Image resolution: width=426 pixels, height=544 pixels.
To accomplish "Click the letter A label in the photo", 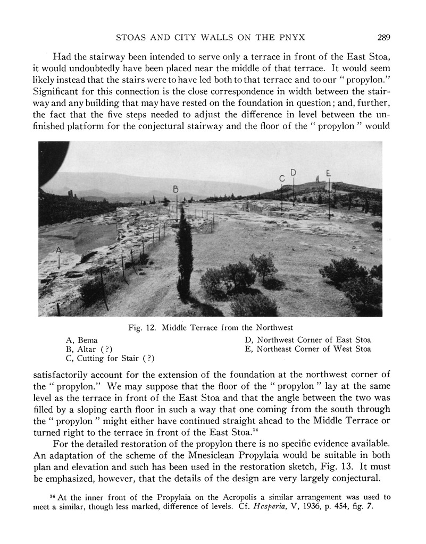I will pos(59,250).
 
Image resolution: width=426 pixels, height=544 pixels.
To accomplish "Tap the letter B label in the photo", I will pos(176,189).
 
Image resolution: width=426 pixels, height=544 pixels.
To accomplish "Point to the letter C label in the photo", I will pos(282,180).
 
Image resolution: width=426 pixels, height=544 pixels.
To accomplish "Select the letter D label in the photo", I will pos(294,172).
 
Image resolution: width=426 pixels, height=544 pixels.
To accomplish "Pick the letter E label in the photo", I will pos(329,173).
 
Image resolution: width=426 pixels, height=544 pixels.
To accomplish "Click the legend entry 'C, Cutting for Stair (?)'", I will pos(110,359).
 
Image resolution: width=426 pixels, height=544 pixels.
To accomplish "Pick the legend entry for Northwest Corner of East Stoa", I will pos(308,340).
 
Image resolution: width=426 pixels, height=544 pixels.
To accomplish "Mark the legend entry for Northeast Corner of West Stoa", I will pos(308,350).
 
